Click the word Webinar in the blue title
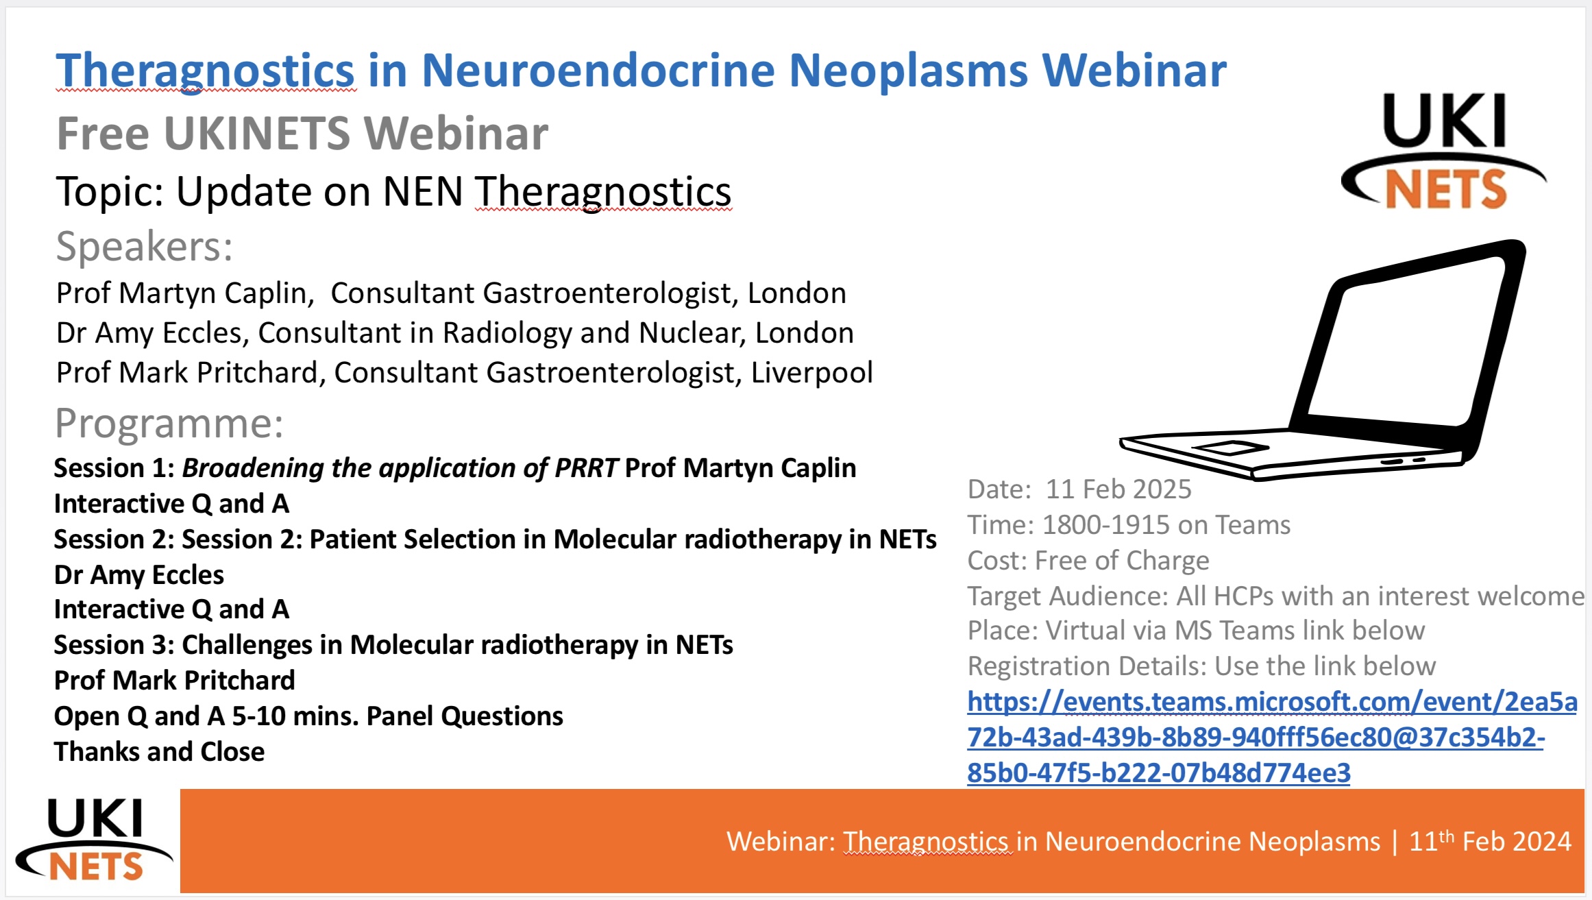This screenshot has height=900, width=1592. pyautogui.click(x=1134, y=70)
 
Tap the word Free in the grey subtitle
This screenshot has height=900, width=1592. pyautogui.click(x=103, y=133)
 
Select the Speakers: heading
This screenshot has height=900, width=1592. pyautogui.click(x=145, y=247)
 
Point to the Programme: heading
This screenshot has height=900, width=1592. pyautogui.click(x=169, y=424)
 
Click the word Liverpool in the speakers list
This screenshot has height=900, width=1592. pyautogui.click(x=811, y=372)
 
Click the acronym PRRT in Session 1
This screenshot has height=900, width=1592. pyautogui.click(x=587, y=467)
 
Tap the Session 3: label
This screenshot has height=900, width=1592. pyautogui.click(x=114, y=644)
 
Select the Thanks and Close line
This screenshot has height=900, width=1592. pyautogui.click(x=160, y=751)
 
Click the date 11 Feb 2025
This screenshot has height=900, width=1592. pyautogui.click(x=1118, y=489)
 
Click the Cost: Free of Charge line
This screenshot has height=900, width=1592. pyautogui.click(x=1088, y=561)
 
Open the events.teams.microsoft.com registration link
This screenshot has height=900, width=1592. pyautogui.click(x=1272, y=737)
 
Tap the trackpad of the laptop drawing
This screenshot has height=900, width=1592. pyautogui.click(x=1231, y=448)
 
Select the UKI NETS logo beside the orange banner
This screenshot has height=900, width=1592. pyautogui.click(x=95, y=840)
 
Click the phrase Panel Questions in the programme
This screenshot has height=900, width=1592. pyautogui.click(x=465, y=716)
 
